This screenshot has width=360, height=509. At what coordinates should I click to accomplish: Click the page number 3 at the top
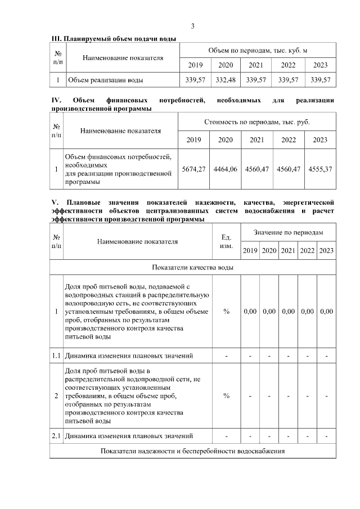coord(193,26)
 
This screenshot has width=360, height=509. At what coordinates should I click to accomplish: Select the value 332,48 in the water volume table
coord(226,80)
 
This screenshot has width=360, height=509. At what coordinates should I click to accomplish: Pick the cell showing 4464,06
coord(226,169)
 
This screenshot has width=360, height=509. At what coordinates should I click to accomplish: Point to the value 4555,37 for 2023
coord(320,169)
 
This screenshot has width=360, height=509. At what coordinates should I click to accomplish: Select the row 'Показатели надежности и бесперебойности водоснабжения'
coord(193,451)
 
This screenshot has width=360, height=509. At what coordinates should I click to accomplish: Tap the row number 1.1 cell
coord(56,355)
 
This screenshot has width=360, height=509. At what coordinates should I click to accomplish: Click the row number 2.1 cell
coord(56,436)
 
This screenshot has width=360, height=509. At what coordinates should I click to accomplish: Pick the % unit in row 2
coord(226,396)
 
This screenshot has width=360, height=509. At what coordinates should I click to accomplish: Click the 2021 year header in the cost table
coord(257,140)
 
